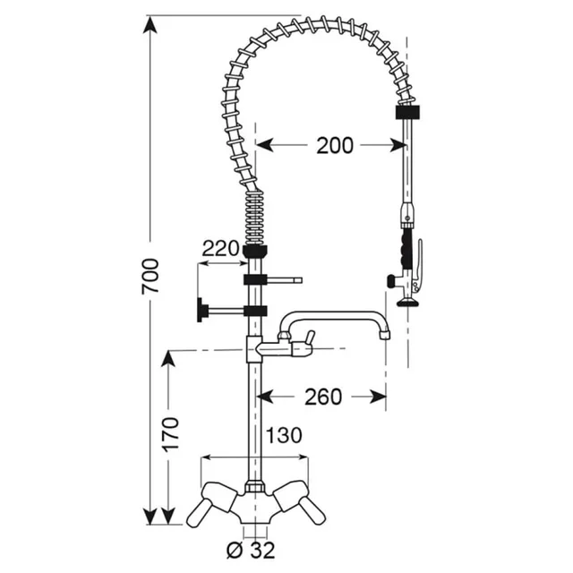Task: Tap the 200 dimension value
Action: click(x=334, y=145)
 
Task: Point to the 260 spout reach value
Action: click(x=323, y=396)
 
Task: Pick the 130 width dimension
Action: click(x=283, y=436)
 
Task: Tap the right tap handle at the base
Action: click(x=303, y=501)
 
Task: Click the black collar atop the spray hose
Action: click(x=406, y=113)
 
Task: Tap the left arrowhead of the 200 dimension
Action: click(x=262, y=144)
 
